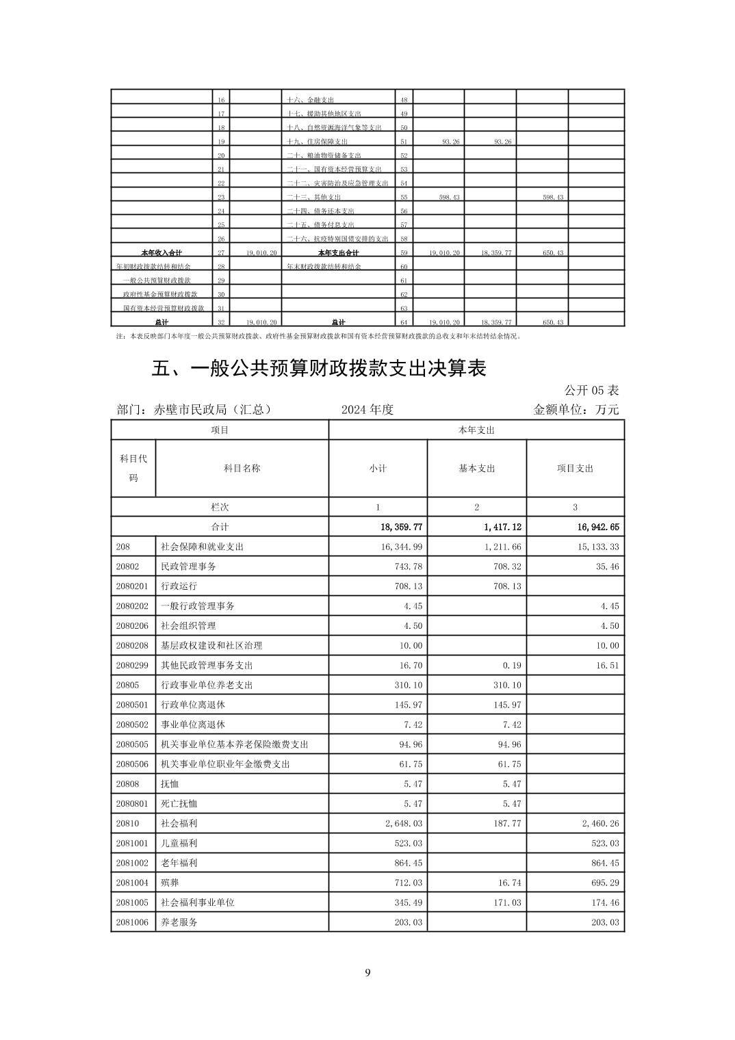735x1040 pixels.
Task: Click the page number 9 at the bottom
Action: click(367, 973)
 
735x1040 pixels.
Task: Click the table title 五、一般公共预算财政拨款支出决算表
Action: click(318, 368)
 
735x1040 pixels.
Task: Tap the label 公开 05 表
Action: click(591, 390)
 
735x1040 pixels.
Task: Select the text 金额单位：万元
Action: click(576, 410)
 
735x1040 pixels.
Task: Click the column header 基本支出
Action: click(476, 469)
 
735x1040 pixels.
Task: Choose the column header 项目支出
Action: click(575, 469)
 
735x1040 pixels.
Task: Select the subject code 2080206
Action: click(132, 625)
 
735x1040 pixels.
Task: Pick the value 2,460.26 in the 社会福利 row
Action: click(600, 824)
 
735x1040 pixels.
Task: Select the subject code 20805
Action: click(127, 685)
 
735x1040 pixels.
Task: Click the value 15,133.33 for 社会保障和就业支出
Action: click(595, 547)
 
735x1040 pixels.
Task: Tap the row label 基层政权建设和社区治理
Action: click(211, 645)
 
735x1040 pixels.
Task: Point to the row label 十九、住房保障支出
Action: click(318, 142)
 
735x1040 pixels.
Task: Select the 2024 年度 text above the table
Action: click(367, 410)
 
